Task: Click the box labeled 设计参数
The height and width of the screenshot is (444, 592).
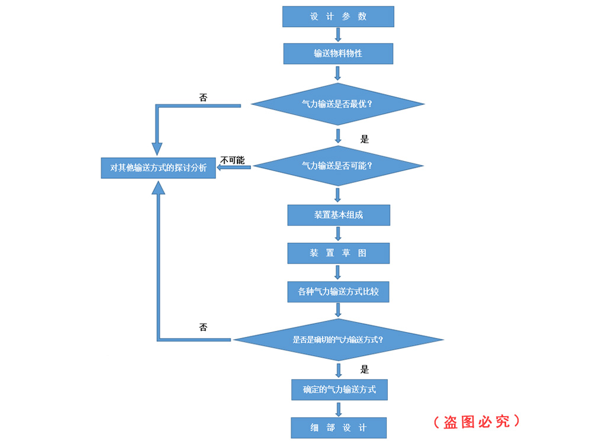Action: point(338,17)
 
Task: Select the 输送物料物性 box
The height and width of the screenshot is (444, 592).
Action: point(338,54)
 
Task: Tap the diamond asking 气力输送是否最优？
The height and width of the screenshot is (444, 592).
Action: point(338,104)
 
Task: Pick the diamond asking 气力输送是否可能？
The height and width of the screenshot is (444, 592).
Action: point(338,166)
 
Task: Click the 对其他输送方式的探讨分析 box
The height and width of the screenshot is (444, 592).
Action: point(158,168)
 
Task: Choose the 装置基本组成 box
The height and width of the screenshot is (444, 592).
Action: point(339,215)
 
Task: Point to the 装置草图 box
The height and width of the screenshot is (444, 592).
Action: point(339,253)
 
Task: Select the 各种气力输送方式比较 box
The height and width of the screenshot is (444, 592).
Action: point(339,291)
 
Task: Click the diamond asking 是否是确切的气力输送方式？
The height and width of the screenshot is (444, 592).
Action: point(339,340)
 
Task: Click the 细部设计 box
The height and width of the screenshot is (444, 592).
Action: point(339,427)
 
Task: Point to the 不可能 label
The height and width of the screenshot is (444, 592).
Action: point(232,160)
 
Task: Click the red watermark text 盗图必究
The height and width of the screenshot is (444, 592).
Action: point(477,422)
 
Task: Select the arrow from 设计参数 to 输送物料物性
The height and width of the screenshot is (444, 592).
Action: point(338,35)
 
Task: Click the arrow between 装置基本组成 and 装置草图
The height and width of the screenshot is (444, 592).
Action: point(339,234)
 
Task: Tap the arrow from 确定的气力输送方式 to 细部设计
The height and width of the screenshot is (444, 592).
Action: point(339,408)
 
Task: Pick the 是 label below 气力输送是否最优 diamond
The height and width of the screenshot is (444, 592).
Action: point(365,139)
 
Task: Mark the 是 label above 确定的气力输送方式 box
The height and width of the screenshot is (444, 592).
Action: point(365,369)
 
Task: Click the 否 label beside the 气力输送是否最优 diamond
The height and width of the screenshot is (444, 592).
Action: point(203,98)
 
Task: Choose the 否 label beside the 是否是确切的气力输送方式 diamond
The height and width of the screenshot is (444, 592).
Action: point(203,327)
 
